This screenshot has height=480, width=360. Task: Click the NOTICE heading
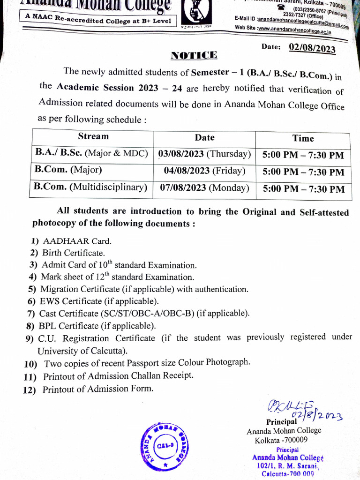point(194,55)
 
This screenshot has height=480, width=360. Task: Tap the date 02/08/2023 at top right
point(312,48)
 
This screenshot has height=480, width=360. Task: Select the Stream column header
point(93,136)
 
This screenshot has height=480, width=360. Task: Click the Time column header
point(303,138)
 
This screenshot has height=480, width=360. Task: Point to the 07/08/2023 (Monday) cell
point(204,188)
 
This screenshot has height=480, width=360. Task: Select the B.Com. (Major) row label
point(68,169)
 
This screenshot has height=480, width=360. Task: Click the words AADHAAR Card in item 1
point(77,241)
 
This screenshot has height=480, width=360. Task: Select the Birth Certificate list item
point(74,253)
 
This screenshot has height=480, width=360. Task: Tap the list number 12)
point(29,390)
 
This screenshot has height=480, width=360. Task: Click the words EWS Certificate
point(71,301)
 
